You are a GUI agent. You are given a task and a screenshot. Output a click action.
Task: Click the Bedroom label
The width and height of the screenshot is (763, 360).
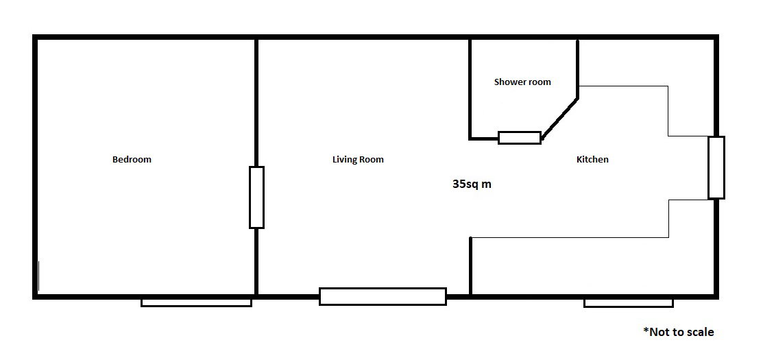click(132, 160)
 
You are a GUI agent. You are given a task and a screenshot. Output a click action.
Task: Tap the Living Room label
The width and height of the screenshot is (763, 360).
click(358, 160)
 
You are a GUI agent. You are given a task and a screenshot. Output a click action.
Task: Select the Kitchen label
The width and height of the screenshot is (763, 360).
click(592, 160)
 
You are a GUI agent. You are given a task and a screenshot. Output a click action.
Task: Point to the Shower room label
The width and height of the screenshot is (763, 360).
click(522, 82)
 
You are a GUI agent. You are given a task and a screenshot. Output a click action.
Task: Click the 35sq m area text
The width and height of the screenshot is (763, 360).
click(472, 184)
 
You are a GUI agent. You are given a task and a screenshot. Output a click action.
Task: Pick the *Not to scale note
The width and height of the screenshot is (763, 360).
click(679, 332)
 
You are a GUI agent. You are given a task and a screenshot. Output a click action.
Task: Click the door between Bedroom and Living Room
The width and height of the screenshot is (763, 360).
click(257, 197)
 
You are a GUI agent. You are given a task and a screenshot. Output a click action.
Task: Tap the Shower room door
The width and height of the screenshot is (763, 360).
click(520, 138)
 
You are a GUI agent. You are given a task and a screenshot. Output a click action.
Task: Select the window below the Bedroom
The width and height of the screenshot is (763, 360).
click(196, 302)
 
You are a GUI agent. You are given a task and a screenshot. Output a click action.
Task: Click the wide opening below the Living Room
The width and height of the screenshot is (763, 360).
click(383, 296)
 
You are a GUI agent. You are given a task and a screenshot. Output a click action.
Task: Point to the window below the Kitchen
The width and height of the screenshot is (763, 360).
click(629, 303)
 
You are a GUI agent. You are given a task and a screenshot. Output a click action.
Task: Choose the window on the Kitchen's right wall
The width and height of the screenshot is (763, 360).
click(716, 168)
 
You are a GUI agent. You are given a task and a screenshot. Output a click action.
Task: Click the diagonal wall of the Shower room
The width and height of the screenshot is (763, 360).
click(559, 119)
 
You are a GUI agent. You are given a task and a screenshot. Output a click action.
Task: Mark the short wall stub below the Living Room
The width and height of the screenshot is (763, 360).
click(470, 265)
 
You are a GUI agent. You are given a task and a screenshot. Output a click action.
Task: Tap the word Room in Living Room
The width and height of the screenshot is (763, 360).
click(372, 160)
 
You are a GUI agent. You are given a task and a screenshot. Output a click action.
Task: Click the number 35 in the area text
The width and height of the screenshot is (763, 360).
click(459, 184)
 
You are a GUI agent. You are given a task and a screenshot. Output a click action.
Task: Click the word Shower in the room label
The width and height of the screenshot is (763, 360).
click(509, 82)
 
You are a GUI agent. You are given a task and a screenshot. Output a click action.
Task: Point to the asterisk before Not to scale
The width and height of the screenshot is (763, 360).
click(646, 329)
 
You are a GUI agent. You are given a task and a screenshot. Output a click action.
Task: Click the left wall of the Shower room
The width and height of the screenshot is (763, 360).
click(470, 89)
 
